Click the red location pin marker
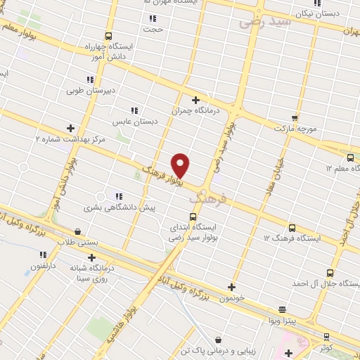tap(181, 165)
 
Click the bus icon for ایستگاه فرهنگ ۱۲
tap(292, 228)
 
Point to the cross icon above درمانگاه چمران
tap(195, 100)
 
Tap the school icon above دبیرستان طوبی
tap(90, 79)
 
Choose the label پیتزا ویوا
tap(281, 320)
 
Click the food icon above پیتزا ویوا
tap(282, 309)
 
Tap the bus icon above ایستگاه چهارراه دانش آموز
tap(108, 36)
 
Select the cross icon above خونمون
tap(231, 287)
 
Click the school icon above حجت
tap(153, 18)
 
